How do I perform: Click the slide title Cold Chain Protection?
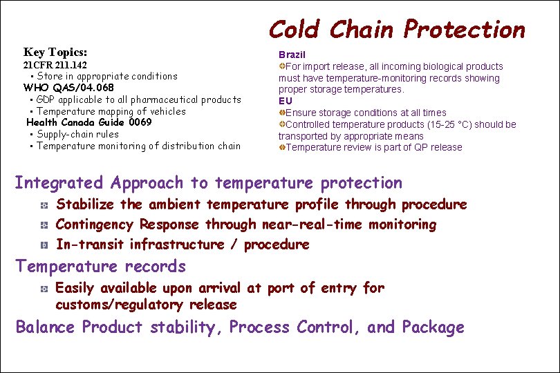397,30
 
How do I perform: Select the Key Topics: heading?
55,52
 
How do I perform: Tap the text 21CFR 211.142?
55,65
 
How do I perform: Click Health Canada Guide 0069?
88,122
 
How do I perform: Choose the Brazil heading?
292,55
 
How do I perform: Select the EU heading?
286,101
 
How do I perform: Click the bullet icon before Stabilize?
43,206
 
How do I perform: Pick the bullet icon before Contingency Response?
43,225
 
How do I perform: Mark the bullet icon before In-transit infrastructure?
43,245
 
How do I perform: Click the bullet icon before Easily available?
43,289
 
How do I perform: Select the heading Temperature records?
101,267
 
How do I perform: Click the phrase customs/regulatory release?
146,305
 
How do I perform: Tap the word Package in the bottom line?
433,327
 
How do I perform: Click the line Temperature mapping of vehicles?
111,111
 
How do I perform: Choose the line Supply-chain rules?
77,134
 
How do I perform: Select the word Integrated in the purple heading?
58,183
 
